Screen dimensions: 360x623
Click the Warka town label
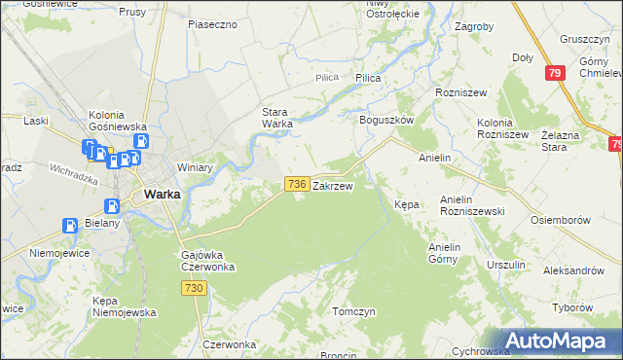pos(161,194)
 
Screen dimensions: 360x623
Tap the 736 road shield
pos(297,184)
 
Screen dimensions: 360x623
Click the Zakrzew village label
pos(332,184)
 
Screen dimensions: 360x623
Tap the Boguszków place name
pos(387,120)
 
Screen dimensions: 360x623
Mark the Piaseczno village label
pos(213,24)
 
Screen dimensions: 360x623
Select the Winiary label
pos(195,167)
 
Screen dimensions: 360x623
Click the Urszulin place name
pos(506,265)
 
